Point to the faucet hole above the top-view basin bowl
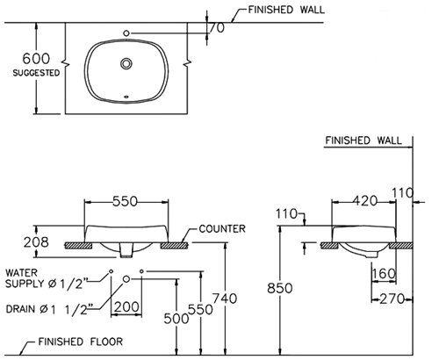[129, 33]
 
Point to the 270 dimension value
[390, 299]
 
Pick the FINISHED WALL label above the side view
[363, 140]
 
